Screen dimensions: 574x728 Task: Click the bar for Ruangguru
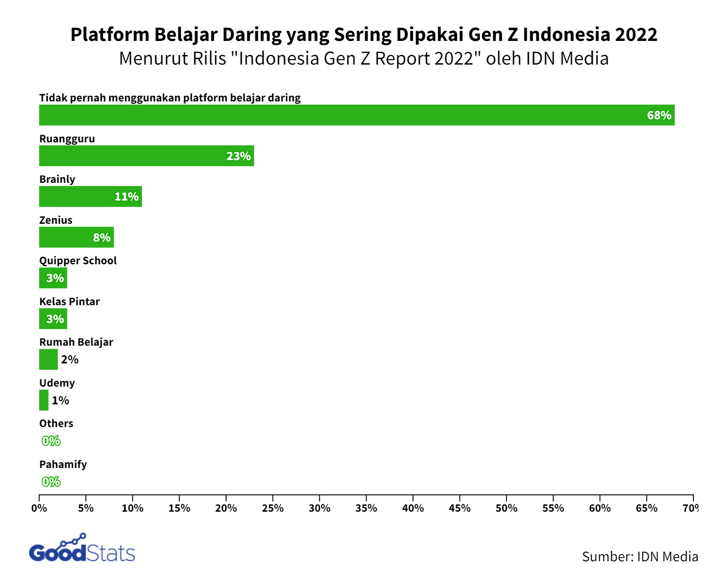[147, 156]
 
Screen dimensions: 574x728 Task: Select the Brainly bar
[90, 196]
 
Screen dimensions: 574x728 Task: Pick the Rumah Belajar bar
[48, 359]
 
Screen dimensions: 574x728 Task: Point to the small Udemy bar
[44, 400]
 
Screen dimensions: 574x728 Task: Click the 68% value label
[659, 116]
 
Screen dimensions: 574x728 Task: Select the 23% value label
[238, 156]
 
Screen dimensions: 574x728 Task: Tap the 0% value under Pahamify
[51, 482]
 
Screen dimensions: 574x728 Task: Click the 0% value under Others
[51, 441]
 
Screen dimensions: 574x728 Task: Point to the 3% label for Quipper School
[55, 278]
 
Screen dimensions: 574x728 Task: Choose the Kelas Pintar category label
[69, 302]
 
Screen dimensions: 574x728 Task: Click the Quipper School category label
[78, 261]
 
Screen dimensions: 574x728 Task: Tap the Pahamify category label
[63, 464]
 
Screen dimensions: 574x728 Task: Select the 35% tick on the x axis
[366, 508]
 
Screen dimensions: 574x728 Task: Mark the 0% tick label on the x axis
[39, 508]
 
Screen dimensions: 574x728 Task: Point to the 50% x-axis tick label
[506, 508]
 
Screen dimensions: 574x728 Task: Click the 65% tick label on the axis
[647, 508]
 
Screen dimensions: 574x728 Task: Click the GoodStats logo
[82, 549]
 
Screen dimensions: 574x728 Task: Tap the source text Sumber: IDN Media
[640, 557]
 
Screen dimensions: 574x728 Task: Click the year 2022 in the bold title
[636, 35]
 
